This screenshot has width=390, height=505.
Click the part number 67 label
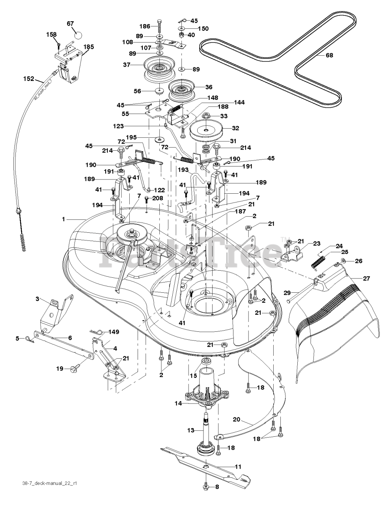[x=70, y=24]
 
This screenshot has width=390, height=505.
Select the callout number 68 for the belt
[x=329, y=56]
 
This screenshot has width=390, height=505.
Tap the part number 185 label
[x=88, y=47]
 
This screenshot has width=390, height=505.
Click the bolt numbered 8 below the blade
[x=207, y=487]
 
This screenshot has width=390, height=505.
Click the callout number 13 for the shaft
[x=191, y=430]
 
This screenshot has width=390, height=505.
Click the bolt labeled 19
[x=73, y=369]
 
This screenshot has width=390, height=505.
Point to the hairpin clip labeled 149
[x=97, y=332]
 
